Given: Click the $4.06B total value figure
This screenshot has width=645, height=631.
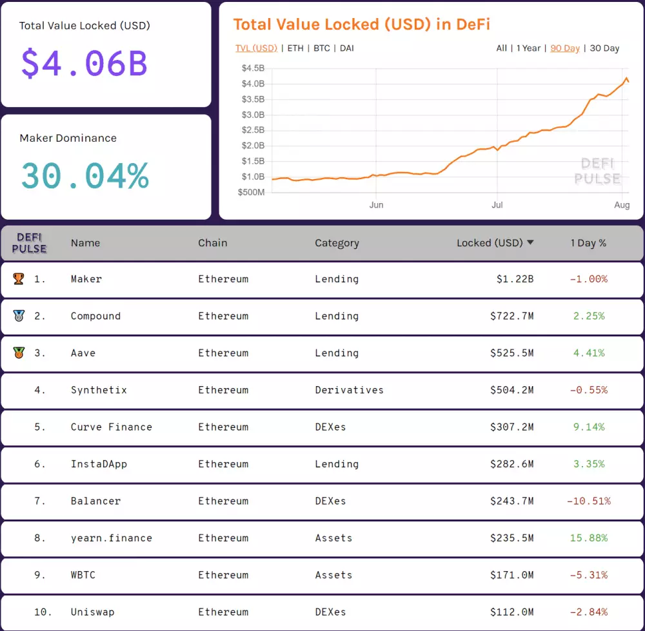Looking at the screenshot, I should pos(84,63).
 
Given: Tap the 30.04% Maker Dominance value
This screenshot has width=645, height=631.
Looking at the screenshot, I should pos(84,176).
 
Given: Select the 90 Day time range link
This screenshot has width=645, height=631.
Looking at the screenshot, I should pos(565,48).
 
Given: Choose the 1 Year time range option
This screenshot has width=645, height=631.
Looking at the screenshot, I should pos(528,48).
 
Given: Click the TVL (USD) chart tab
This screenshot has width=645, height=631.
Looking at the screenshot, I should pos(256,48).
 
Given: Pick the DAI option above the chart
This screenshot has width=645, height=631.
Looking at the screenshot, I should pos(346,48).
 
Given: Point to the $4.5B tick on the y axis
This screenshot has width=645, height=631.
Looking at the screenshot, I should pos(252,68).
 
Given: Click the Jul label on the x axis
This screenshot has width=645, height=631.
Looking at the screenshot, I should pos(497,205).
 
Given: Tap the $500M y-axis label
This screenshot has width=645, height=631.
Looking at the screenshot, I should pos(251,192).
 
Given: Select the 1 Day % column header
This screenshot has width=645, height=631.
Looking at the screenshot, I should pos(588,243).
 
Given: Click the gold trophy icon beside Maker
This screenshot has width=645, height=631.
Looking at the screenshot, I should pos(19,279).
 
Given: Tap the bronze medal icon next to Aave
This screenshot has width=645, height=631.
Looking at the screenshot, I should pos(19,353).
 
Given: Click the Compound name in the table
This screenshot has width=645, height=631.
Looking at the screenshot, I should pos(95,316).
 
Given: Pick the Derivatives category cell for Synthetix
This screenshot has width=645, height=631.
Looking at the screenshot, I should pos(349,390).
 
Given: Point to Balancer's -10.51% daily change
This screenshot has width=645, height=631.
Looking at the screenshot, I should pos(588,501).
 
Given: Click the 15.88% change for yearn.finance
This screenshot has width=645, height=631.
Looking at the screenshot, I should pos(588,538).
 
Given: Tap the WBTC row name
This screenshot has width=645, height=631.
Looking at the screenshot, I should pos(83,575).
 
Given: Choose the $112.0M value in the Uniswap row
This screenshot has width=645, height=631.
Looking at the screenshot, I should pos(511,612).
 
